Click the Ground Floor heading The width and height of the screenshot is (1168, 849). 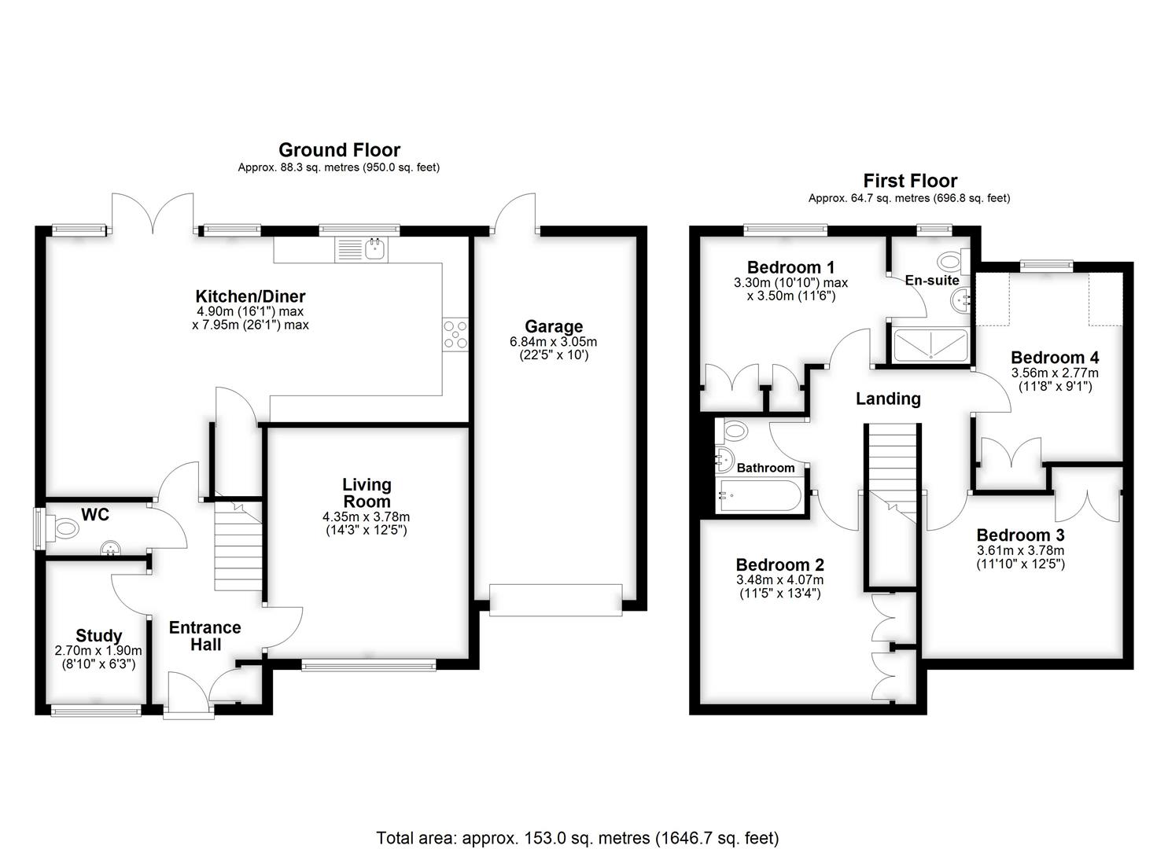[339, 150]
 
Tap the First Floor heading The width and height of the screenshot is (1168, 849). [909, 181]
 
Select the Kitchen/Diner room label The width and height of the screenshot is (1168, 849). [250, 296]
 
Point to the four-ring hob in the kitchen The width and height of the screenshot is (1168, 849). [455, 333]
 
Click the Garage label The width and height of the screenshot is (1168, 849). [554, 326]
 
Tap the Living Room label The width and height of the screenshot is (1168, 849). [367, 493]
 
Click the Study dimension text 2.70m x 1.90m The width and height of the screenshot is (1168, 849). [98, 651]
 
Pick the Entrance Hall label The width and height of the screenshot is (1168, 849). [205, 636]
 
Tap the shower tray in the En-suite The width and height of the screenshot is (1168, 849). [930, 345]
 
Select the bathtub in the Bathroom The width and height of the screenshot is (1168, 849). [759, 497]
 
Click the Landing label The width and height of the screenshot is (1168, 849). [888, 399]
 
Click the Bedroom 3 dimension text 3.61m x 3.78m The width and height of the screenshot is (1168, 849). [1020, 550]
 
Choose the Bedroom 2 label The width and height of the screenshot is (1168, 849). [779, 564]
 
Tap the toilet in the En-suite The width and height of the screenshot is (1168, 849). [952, 259]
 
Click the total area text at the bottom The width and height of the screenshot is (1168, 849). [577, 838]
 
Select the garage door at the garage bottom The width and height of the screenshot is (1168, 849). [555, 599]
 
